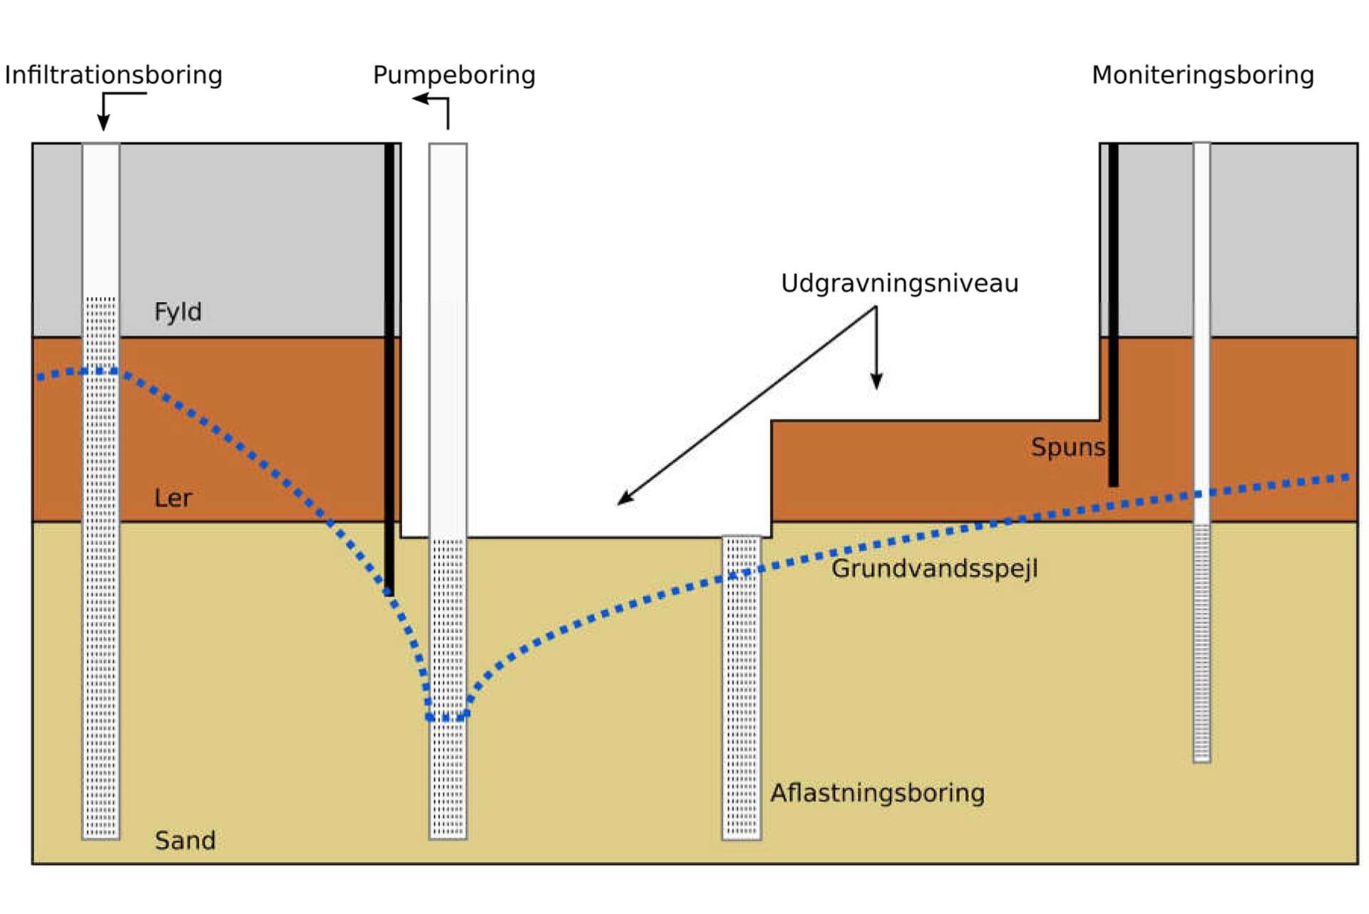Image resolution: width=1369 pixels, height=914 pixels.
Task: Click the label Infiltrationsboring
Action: pyautogui.click(x=113, y=75)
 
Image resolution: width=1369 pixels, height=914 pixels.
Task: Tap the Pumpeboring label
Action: pyautogui.click(x=454, y=75)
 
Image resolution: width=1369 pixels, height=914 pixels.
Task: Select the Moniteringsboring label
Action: pyautogui.click(x=1203, y=75)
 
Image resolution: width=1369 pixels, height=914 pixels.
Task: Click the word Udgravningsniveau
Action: pyautogui.click(x=899, y=283)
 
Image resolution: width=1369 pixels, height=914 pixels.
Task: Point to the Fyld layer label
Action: pyautogui.click(x=178, y=312)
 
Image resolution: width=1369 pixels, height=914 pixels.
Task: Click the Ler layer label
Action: pyautogui.click(x=173, y=498)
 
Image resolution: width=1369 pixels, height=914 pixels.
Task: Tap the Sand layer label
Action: pyautogui.click(x=185, y=841)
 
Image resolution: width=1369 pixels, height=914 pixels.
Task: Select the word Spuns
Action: pyautogui.click(x=1067, y=447)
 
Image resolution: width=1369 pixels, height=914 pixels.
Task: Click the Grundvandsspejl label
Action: pyautogui.click(x=934, y=569)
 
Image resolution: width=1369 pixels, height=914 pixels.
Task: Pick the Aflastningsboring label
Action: pyautogui.click(x=877, y=793)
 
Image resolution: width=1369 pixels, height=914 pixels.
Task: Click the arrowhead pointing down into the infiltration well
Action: pyautogui.click(x=103, y=124)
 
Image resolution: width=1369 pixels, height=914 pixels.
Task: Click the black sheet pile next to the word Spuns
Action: pyautogui.click(x=1113, y=314)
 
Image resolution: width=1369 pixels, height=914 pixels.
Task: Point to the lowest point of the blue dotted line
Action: pyautogui.click(x=447, y=718)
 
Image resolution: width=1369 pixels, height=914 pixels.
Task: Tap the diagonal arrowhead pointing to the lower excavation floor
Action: pyautogui.click(x=625, y=499)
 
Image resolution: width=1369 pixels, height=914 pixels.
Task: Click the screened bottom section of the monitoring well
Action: pyautogui.click(x=1201, y=642)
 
